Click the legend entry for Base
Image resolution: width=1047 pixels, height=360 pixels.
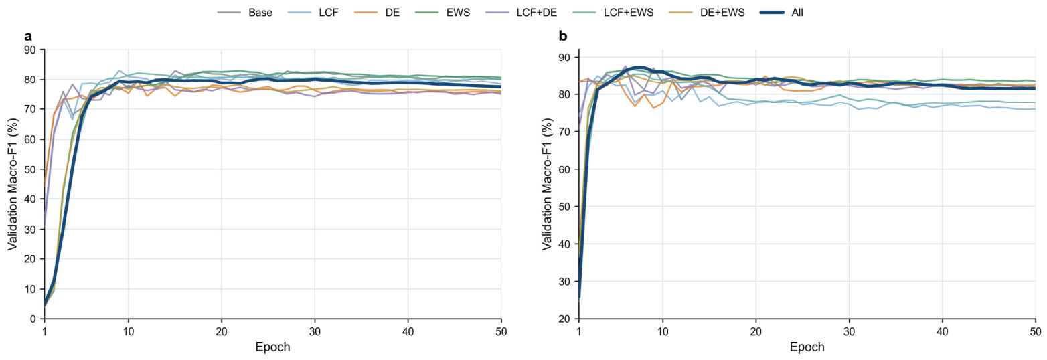click(245, 13)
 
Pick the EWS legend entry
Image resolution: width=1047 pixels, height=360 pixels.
click(442, 13)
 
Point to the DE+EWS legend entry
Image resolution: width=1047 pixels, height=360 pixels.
click(708, 13)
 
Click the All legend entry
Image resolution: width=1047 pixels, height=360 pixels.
click(782, 13)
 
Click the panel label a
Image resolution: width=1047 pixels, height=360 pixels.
click(28, 36)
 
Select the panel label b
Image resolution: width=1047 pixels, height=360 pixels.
click(563, 36)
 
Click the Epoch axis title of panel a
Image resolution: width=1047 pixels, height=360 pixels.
click(272, 347)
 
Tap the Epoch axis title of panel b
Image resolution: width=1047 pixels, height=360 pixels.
click(807, 347)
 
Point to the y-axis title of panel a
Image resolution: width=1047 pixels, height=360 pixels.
click(12, 184)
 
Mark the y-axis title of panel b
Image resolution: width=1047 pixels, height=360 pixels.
click(547, 184)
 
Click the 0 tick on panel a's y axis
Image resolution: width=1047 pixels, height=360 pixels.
click(33, 319)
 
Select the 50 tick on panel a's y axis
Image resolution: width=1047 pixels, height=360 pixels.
click(30, 169)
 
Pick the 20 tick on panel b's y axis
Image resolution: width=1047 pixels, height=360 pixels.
click(564, 319)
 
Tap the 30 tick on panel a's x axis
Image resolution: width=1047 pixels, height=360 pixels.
click(315, 331)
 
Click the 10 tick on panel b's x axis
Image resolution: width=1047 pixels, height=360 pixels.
click(663, 331)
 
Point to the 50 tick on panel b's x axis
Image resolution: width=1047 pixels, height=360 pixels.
click(1036, 331)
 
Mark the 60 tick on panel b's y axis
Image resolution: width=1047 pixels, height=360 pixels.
click(564, 169)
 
